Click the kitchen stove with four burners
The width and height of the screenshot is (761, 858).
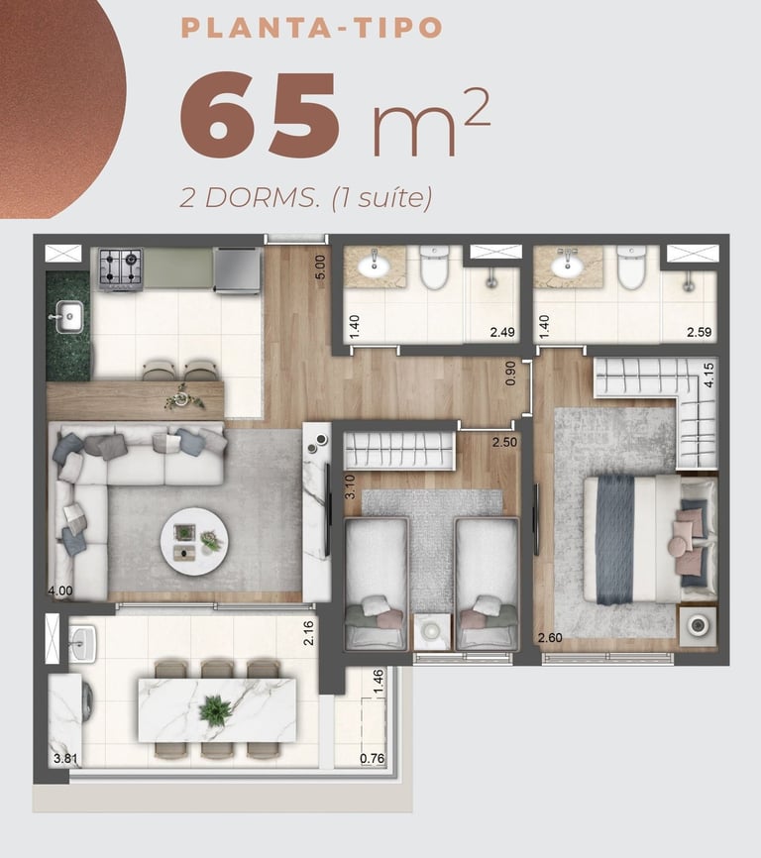[x=121, y=268]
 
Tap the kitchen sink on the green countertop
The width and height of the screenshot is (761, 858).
[x=66, y=316]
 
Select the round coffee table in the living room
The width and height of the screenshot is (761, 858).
[x=194, y=541]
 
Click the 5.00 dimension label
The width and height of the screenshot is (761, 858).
[x=320, y=268]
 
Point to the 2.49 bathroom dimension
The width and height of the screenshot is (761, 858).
[x=502, y=332]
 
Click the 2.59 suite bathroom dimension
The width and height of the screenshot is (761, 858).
[x=700, y=332]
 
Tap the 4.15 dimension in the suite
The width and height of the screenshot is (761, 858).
[x=709, y=375]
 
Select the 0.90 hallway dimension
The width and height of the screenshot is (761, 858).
[x=510, y=374]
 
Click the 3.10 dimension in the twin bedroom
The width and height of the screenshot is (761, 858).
[x=350, y=487]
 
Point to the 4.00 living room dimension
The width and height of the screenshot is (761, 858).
[x=60, y=590]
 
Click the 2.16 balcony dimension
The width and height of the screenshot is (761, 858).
[x=308, y=632]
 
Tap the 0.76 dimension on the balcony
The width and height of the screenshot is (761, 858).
[x=372, y=759]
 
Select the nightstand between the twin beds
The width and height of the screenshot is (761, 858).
[x=432, y=631]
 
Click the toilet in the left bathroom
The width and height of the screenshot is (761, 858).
[x=435, y=268]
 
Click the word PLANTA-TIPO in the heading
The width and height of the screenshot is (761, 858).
[x=311, y=28]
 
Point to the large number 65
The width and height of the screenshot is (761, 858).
[x=260, y=114]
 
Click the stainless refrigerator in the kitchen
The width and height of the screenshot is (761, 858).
[x=238, y=269]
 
